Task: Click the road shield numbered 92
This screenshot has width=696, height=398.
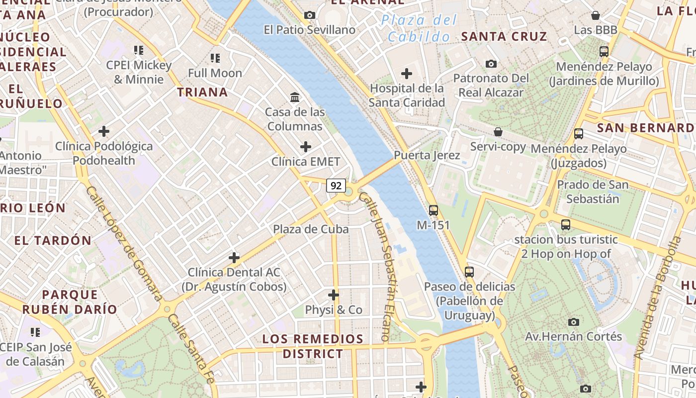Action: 336,186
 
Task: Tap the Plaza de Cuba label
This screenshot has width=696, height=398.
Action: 311,229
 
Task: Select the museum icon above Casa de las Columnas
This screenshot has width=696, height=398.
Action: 295,97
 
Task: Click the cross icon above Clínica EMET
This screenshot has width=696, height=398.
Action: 306,147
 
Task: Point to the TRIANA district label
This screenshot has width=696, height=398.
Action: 202,92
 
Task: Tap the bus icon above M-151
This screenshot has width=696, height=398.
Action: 433,210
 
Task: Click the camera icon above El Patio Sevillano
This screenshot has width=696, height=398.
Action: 310,15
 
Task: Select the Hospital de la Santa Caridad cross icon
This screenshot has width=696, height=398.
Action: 407,74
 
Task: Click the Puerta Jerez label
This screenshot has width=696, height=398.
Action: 427,155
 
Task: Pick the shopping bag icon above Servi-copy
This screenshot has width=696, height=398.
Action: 498,132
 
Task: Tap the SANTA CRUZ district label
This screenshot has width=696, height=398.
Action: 504,36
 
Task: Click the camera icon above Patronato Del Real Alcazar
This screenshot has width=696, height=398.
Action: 491,64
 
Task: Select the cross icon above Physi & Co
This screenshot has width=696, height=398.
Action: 334,295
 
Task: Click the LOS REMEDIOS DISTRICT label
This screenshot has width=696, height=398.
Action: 313,346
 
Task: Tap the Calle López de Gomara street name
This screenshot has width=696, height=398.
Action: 124,244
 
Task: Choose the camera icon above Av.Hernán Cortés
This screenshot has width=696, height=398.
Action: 574,322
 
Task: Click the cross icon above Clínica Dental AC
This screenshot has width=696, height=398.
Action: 234,258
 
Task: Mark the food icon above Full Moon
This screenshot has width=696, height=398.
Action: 215,58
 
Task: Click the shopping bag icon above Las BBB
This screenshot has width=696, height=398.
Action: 595,15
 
